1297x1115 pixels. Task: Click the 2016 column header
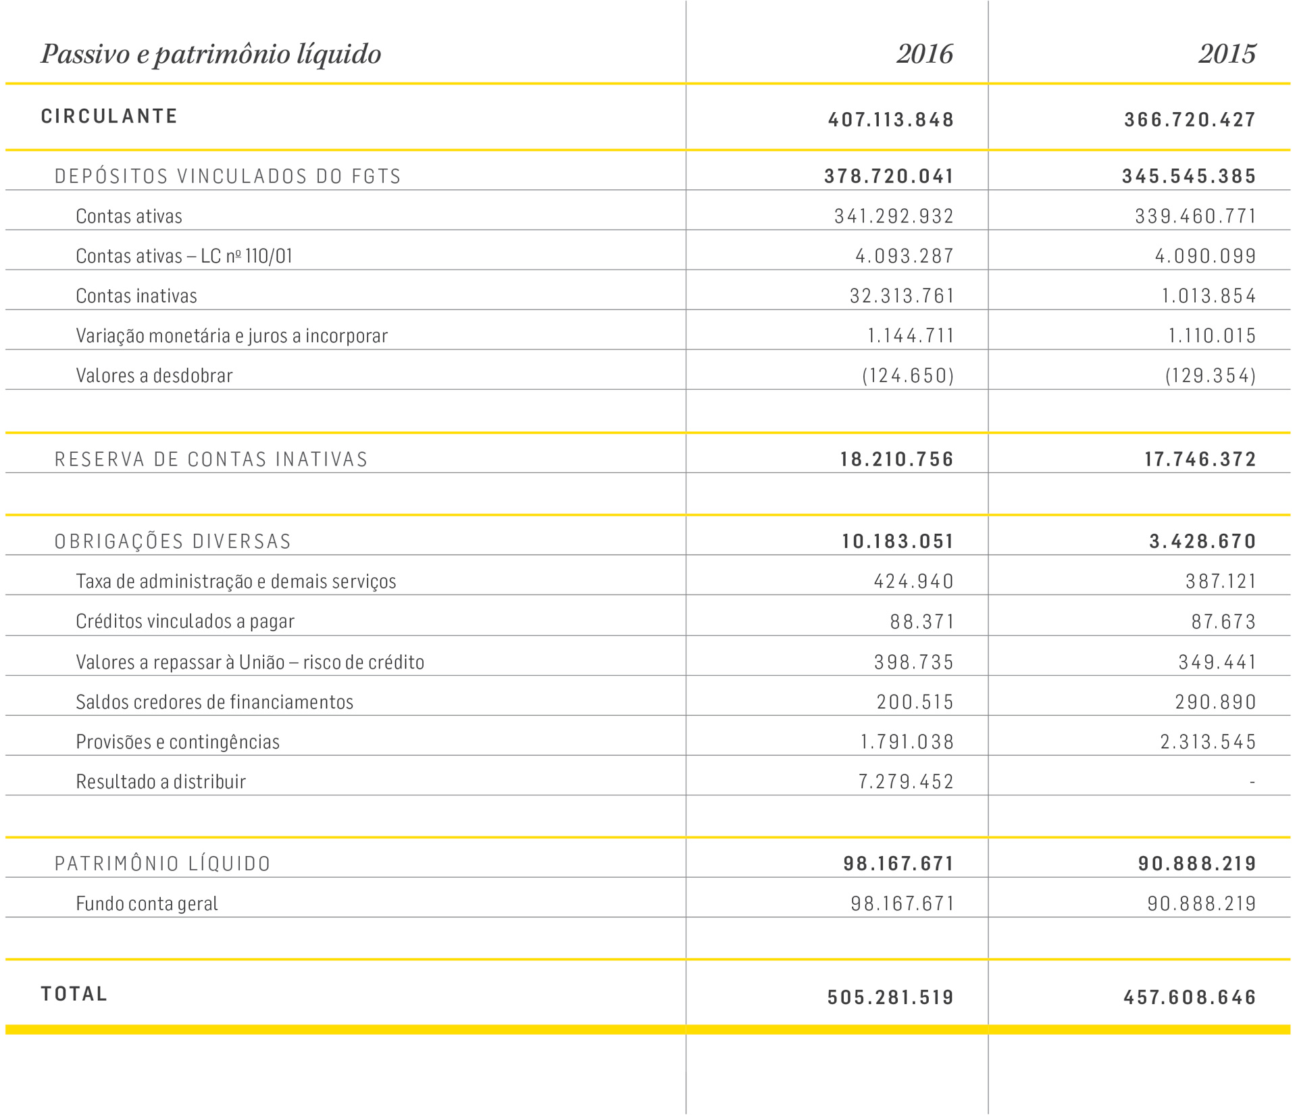pyautogui.click(x=924, y=54)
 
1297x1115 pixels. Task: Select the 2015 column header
pyautogui.click(x=1227, y=54)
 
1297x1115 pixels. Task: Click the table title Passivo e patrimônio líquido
pyautogui.click(x=211, y=54)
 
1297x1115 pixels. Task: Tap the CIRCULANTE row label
pyautogui.click(x=109, y=116)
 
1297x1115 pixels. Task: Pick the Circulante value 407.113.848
pyautogui.click(x=891, y=120)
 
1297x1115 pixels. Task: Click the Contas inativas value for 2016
pyautogui.click(x=902, y=296)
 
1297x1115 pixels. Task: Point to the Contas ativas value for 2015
pyautogui.click(x=1195, y=216)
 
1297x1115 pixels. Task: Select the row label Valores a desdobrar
pyautogui.click(x=154, y=376)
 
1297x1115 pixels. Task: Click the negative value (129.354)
pyautogui.click(x=1211, y=376)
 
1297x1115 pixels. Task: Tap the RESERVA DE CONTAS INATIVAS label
pyautogui.click(x=211, y=460)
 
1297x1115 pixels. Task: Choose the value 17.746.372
pyautogui.click(x=1200, y=460)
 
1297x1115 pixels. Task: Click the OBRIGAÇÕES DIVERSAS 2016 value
pyautogui.click(x=898, y=541)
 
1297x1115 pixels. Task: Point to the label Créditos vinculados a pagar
pyautogui.click(x=185, y=622)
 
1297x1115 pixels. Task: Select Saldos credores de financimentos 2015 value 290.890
pyautogui.click(x=1215, y=702)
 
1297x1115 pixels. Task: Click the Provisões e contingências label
pyautogui.click(x=178, y=742)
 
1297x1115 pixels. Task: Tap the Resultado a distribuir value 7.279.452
pyautogui.click(x=906, y=782)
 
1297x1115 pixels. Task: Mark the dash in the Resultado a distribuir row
pyautogui.click(x=1252, y=782)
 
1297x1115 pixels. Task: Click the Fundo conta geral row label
pyautogui.click(x=147, y=903)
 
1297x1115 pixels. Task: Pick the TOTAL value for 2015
pyautogui.click(x=1190, y=997)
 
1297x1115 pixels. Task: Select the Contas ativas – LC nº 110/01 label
pyautogui.click(x=184, y=256)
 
